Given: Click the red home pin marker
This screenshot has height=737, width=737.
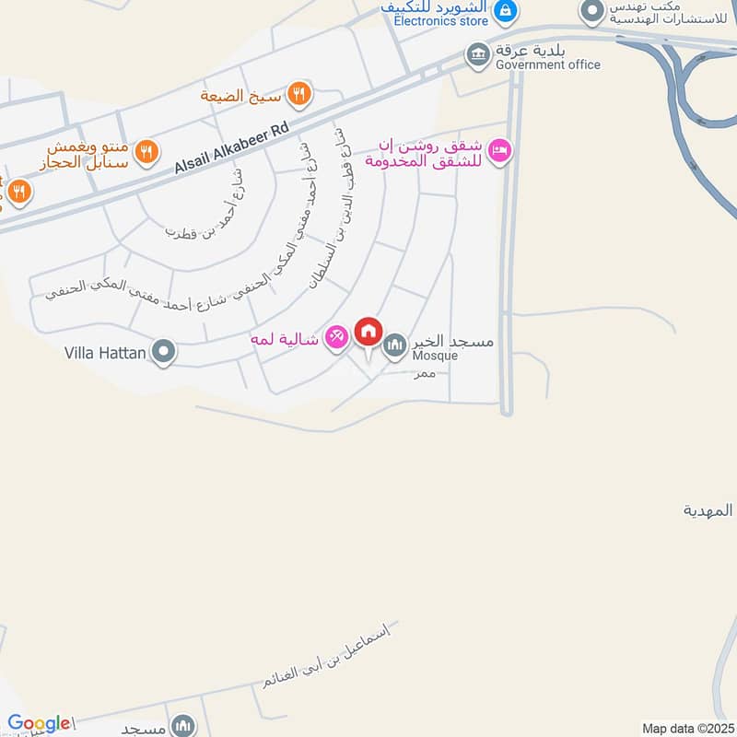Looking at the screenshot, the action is pos(368,332).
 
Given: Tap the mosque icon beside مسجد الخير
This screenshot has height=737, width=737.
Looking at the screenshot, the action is pos(395,344).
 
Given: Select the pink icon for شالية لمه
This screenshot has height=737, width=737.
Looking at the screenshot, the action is pos(337,339).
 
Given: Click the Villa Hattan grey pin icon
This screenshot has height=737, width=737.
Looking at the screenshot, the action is pos(164,351).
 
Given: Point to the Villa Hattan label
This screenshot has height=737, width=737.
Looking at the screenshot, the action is pos(105,352).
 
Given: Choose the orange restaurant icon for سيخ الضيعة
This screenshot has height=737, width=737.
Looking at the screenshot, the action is pos(298,93).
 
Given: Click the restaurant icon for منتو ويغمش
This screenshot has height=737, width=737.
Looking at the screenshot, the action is pos(145,151).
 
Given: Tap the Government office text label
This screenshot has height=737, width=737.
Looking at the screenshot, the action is pos(547,64).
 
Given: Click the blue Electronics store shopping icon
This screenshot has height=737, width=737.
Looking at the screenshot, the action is pos(505,11).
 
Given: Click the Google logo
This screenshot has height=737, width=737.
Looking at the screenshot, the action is pos(39,724).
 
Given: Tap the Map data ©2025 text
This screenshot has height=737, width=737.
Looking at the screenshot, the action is pos(686,729).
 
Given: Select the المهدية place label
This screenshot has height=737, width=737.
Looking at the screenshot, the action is pos(708,509).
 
